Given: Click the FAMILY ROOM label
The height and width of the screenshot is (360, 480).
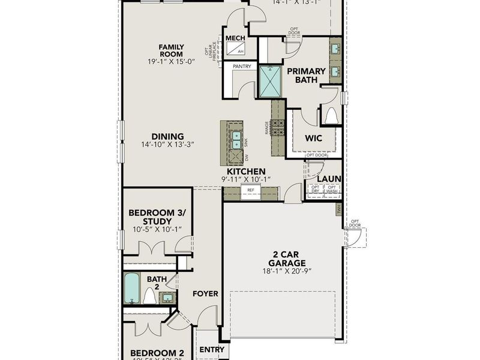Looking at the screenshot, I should [171, 51].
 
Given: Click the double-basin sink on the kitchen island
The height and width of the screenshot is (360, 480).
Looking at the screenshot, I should [238, 140].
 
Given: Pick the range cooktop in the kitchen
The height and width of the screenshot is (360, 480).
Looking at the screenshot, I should [278, 127].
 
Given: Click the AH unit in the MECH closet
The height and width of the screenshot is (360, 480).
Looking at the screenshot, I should [240, 52].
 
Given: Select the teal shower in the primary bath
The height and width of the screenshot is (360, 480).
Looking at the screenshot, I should [270, 82].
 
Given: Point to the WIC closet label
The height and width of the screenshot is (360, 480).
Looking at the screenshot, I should [313, 139].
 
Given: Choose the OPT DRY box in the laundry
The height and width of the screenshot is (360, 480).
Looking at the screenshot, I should [315, 190].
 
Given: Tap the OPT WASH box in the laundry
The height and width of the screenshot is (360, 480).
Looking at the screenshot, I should [332, 190].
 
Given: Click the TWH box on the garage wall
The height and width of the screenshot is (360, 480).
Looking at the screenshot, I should [338, 209].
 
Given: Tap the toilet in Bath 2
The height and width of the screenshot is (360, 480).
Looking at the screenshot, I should [149, 296].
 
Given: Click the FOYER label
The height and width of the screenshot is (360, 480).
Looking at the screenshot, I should [205, 294].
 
